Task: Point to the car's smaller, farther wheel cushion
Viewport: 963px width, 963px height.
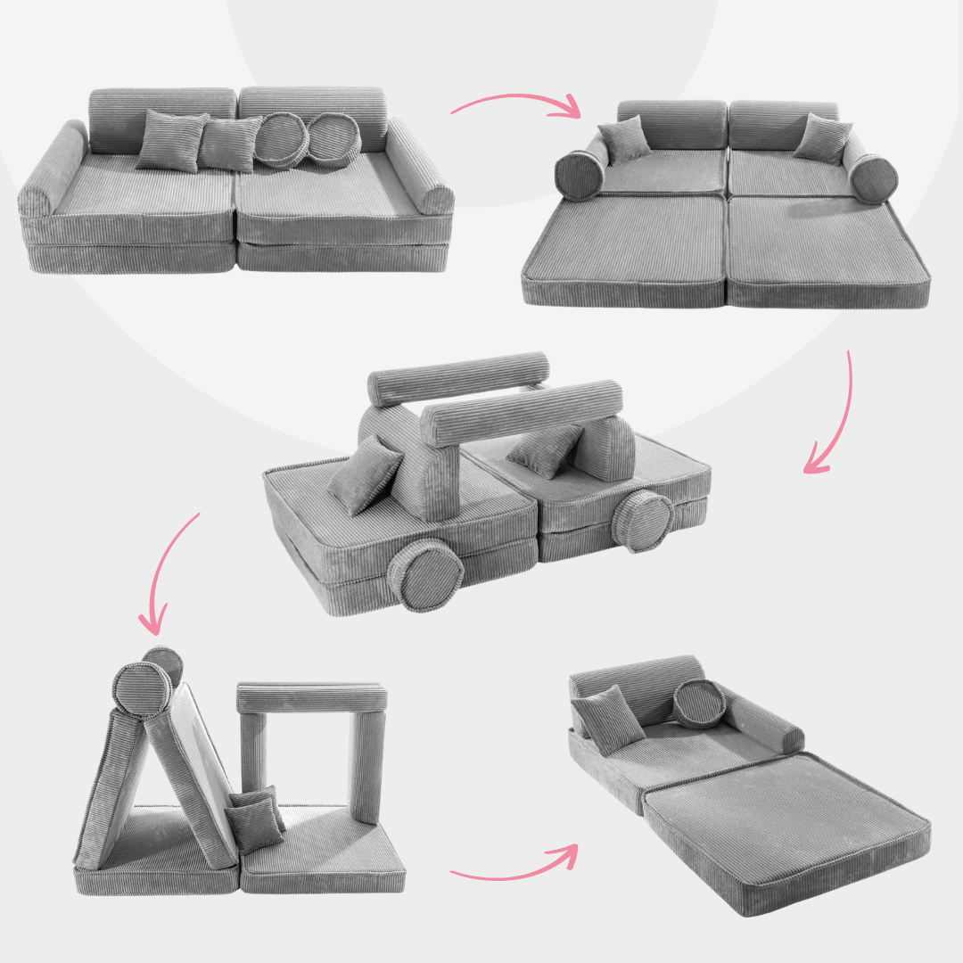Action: pos(643,520)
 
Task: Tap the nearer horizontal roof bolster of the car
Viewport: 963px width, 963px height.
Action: pos(522,412)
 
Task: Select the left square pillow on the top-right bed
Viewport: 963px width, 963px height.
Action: pos(624,138)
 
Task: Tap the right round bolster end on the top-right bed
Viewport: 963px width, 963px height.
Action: pos(872,178)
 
